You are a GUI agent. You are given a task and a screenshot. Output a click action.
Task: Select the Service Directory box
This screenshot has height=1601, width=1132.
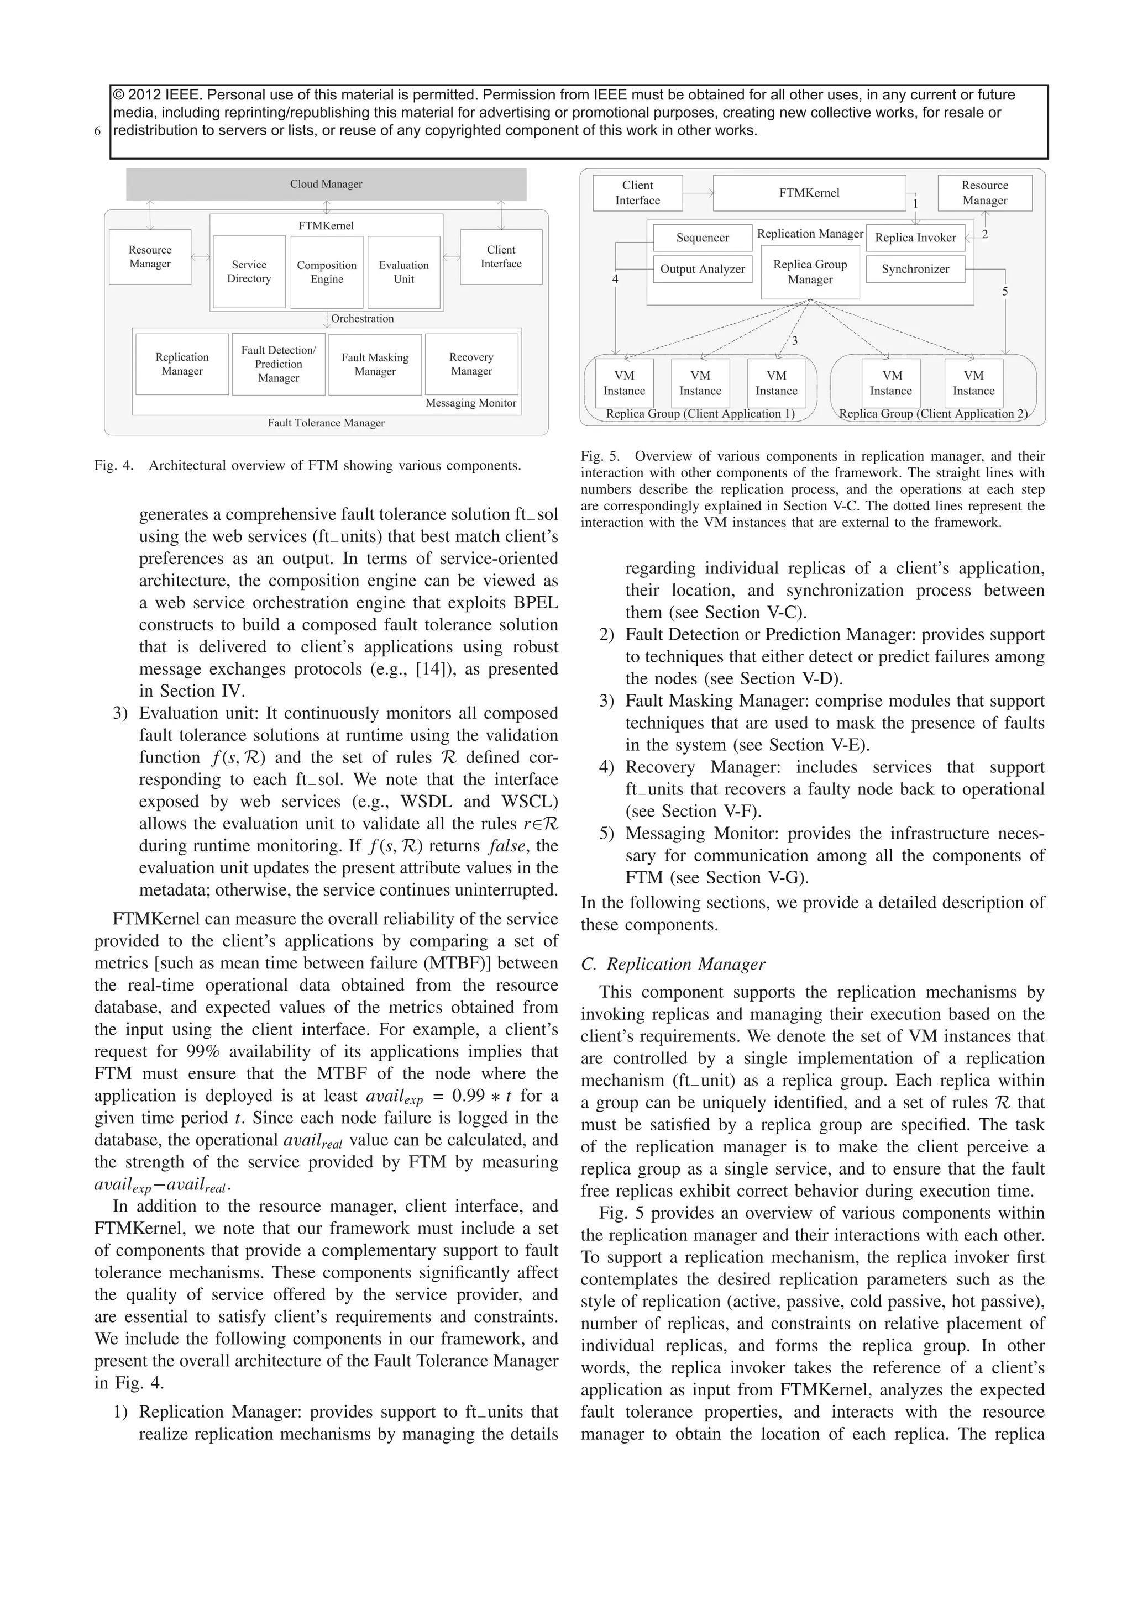[249, 271]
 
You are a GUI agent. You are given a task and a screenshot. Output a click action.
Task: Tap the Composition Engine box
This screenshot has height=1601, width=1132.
[327, 272]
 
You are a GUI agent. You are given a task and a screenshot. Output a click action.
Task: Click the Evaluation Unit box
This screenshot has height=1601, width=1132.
[404, 272]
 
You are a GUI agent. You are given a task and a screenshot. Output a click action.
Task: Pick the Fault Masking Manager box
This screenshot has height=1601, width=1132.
[375, 364]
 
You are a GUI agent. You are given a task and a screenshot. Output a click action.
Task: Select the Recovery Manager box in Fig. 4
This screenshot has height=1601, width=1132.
[471, 364]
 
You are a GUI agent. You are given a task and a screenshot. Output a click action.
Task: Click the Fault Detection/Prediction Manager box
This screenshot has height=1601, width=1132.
[278, 364]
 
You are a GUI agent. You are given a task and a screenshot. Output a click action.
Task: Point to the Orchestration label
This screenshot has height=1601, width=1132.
[362, 319]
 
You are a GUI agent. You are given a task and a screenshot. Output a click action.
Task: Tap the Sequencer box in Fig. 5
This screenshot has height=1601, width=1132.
[703, 238]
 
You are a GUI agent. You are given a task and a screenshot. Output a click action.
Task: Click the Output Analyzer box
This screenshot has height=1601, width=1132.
[703, 269]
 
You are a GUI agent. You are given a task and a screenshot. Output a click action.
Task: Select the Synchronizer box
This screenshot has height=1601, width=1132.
[915, 269]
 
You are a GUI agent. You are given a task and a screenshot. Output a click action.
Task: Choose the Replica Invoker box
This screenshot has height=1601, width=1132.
[915, 238]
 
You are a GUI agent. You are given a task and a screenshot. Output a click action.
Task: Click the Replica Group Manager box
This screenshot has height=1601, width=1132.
[810, 272]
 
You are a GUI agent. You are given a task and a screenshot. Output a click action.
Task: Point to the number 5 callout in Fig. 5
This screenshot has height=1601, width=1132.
[1005, 292]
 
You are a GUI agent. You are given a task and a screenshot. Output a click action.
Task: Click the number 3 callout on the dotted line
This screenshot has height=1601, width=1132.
[794, 341]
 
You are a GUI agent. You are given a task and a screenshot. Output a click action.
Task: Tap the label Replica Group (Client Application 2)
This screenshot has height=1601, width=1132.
[933, 413]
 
